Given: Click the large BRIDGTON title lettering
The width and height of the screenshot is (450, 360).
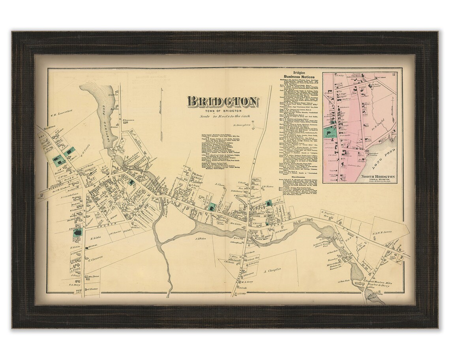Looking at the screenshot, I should [223, 101].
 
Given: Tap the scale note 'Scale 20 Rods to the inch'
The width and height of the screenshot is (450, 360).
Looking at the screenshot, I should [223, 118].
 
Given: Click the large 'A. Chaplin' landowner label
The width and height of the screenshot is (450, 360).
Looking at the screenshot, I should [271, 270].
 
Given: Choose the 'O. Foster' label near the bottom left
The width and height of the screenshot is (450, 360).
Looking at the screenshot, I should [93, 289].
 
